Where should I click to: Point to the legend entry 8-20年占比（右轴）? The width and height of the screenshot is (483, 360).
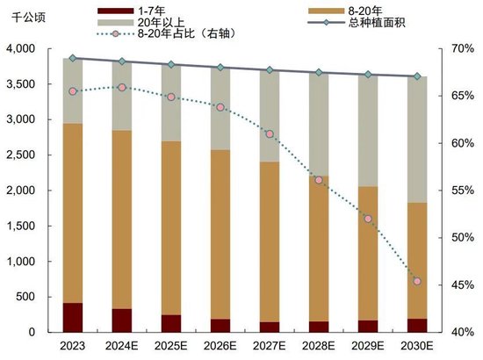click(167, 32)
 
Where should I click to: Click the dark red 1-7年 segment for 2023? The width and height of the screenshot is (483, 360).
click(73, 318)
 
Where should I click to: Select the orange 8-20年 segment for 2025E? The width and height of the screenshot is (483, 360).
click(171, 228)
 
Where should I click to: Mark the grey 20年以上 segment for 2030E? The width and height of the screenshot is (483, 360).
click(417, 140)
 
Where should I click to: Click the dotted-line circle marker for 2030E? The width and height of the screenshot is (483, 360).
click(417, 281)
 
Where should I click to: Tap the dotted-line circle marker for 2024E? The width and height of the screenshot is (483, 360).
click(122, 87)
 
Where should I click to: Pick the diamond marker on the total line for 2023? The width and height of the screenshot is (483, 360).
click(73, 58)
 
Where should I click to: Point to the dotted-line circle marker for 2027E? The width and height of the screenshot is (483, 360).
click(270, 134)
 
